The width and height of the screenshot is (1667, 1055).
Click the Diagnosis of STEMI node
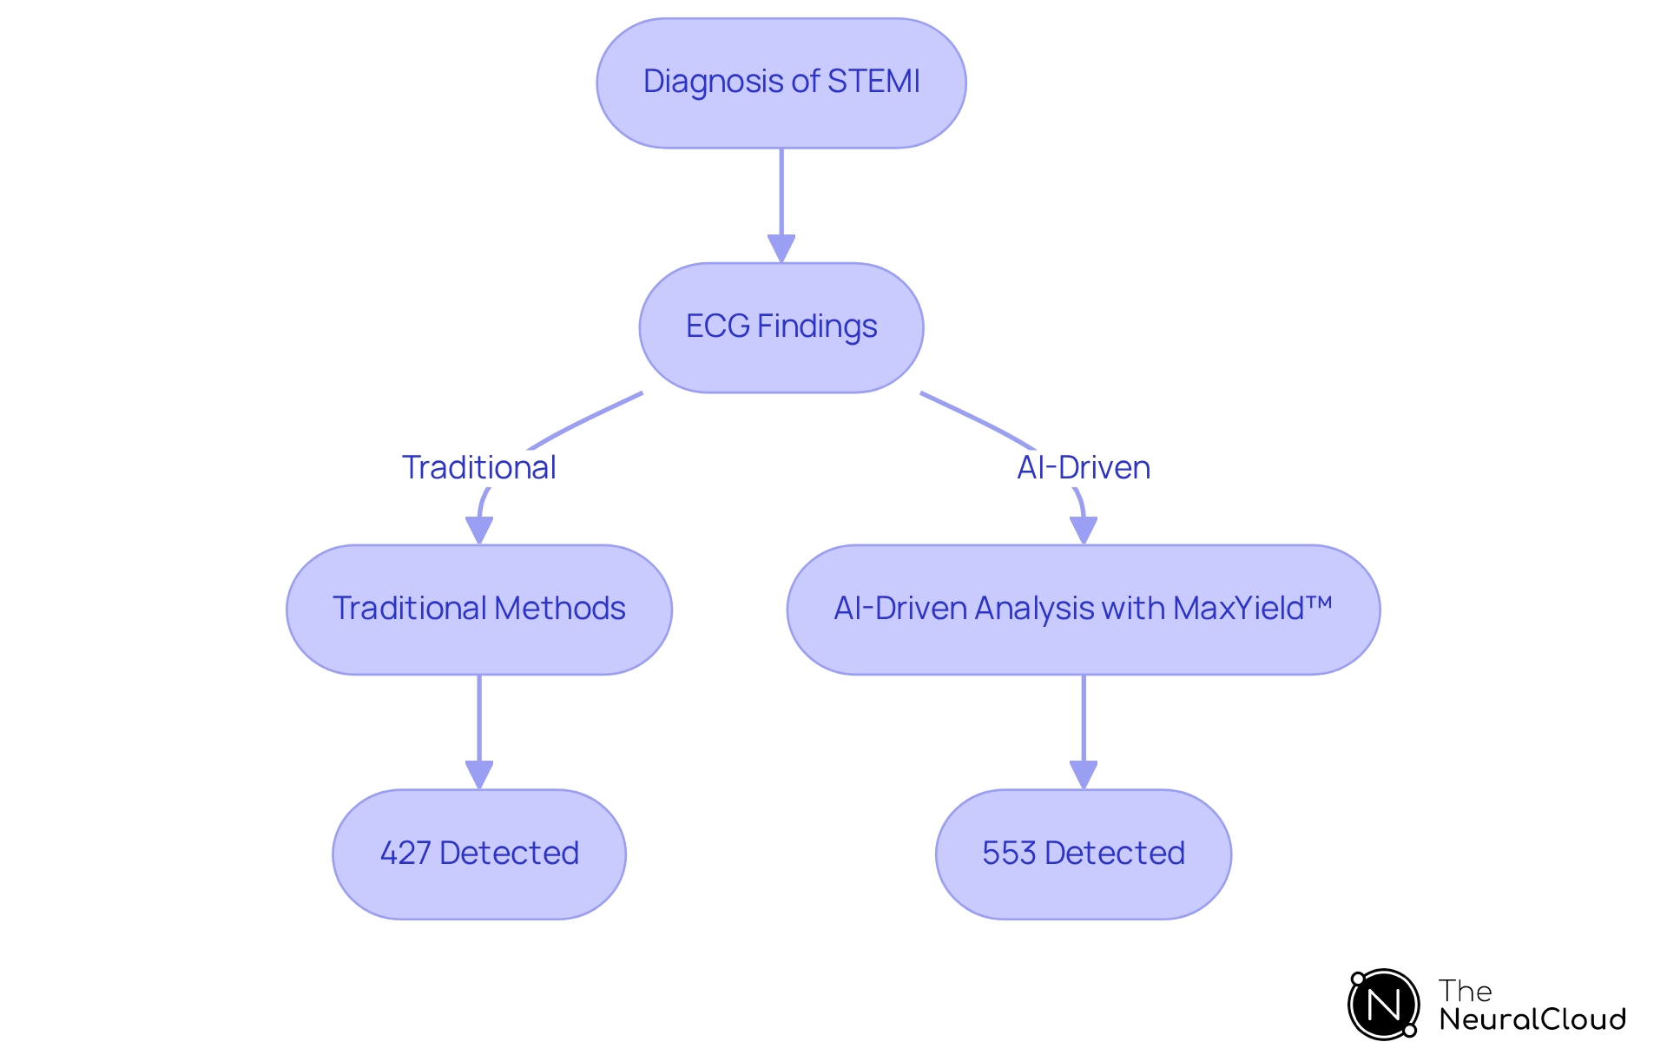(x=781, y=82)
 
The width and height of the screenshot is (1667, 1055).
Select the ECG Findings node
(x=781, y=327)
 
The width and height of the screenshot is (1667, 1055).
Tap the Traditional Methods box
(x=478, y=609)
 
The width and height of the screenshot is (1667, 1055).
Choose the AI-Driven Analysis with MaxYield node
(x=1083, y=609)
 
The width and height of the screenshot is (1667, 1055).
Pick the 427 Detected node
(x=478, y=854)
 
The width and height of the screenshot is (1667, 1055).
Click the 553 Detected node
(x=1083, y=854)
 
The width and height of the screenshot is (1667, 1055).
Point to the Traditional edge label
(x=478, y=467)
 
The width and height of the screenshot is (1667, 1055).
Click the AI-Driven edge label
(x=1084, y=467)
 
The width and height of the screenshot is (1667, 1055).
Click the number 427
(x=405, y=854)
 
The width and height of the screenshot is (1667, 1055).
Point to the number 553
(x=1009, y=854)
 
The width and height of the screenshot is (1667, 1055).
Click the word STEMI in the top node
(x=873, y=82)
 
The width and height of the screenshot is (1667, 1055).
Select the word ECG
(x=717, y=326)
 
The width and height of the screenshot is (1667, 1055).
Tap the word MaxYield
(x=1242, y=609)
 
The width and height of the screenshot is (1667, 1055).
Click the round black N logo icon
(x=1383, y=1005)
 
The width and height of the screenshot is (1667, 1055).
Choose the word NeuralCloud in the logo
(x=1532, y=1019)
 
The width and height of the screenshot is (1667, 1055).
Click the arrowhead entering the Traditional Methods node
(x=479, y=530)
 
